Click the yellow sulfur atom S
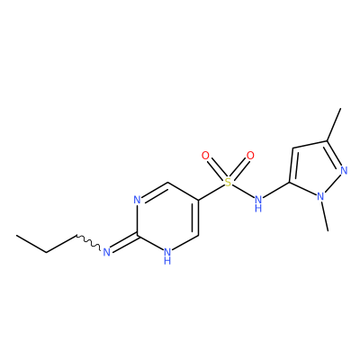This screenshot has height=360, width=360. pos(229,182)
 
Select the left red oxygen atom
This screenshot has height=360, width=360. pos(205,156)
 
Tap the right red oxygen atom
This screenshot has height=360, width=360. pos(250,156)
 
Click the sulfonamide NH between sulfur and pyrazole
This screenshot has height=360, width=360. pos(258,203)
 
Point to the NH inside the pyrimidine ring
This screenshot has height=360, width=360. pos(167,256)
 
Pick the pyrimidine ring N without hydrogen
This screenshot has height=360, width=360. pos(137,200)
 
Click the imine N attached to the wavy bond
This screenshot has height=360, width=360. pos(106,252)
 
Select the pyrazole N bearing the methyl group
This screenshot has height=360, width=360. pos(320,196)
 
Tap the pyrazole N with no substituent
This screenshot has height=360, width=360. pos(344,171)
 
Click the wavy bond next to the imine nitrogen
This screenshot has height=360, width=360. pos(89,242)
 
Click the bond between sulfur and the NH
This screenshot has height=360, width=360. pos(243,191)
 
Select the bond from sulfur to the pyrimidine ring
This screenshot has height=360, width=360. pos(211,192)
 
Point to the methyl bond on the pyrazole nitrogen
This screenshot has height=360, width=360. pos(325,216)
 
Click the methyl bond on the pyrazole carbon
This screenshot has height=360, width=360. pos(334,125)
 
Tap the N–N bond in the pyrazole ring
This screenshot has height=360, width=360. pos(332,184)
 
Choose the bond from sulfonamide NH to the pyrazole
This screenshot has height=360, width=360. pos(276,191)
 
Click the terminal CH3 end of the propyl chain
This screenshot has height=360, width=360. pos(17,236)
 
